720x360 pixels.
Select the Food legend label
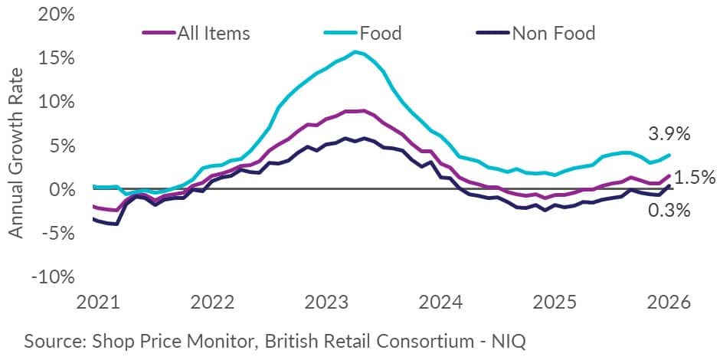(380, 33)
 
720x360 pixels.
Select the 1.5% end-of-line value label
(695, 178)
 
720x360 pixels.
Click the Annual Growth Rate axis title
(17, 151)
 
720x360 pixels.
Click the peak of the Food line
(355, 52)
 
